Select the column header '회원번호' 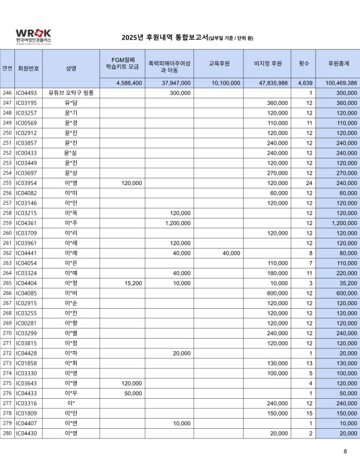[x=29, y=68]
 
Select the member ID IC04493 [x=26, y=93]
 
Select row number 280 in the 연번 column [x=7, y=434]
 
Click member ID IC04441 [x=26, y=253]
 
